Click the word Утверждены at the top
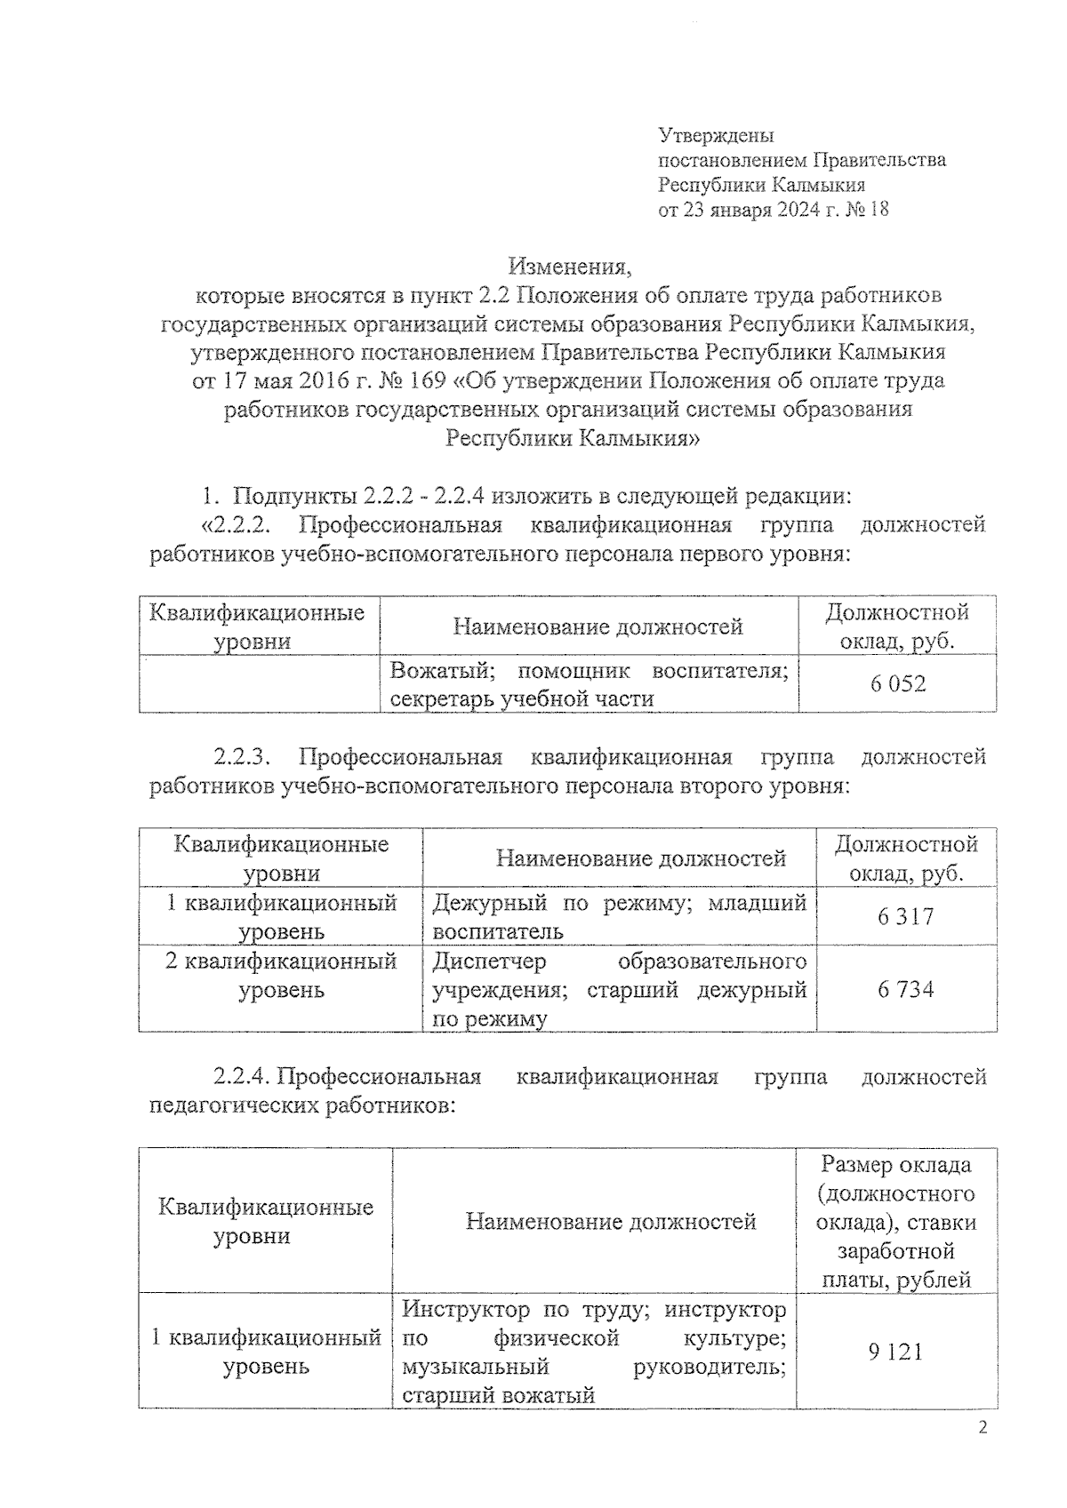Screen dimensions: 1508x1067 coord(716,135)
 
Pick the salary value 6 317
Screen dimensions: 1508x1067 coord(905,916)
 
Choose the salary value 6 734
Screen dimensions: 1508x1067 coord(905,989)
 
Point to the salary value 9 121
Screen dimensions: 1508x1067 coord(895,1352)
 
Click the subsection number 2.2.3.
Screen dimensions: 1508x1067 coord(241,757)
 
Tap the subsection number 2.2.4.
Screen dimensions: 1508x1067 coord(241,1077)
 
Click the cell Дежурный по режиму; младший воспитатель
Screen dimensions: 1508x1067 coord(619,916)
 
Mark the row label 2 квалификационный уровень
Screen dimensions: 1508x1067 coord(281,975)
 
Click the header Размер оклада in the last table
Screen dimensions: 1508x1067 coord(896,1164)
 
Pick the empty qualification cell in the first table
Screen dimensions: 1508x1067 coord(259,684)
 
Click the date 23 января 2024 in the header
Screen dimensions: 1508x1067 coord(750,210)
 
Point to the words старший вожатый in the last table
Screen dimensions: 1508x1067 coord(498,1395)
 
